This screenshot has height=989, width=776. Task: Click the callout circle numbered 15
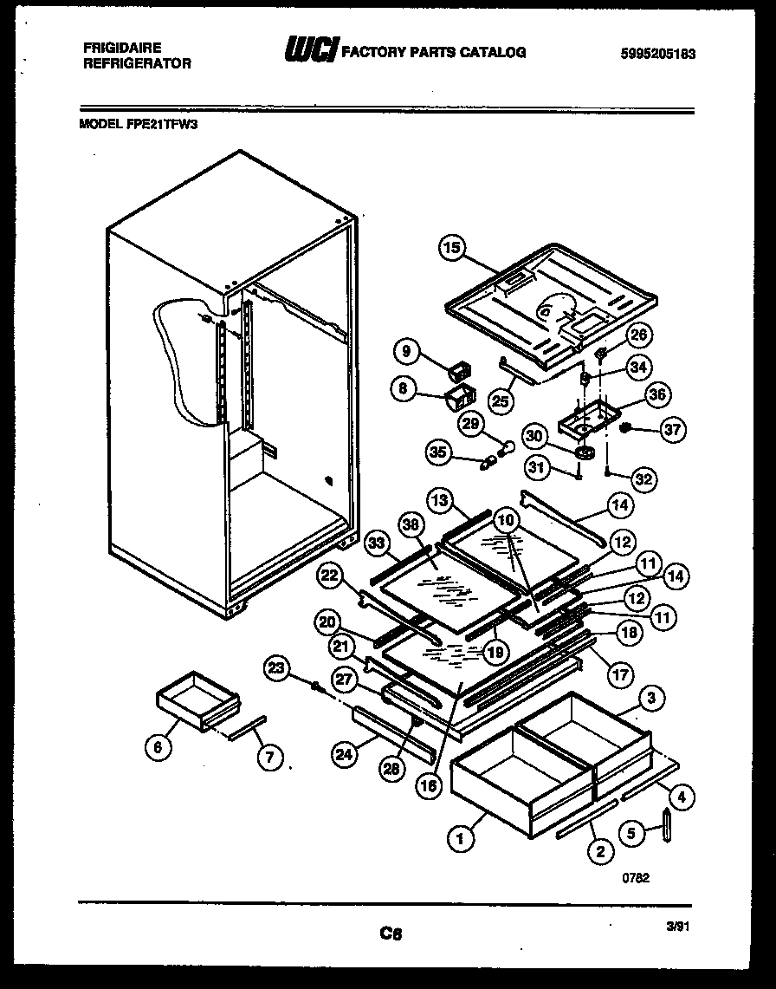(x=450, y=248)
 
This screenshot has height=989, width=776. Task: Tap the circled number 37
(x=672, y=426)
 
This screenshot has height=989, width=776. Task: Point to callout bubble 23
(x=276, y=667)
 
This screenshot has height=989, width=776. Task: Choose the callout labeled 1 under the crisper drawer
(x=460, y=837)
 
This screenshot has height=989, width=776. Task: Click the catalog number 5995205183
(x=659, y=54)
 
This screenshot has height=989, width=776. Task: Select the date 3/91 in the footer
(x=676, y=926)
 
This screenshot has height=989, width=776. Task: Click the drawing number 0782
(x=636, y=876)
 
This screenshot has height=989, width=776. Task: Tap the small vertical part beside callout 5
(x=667, y=824)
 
